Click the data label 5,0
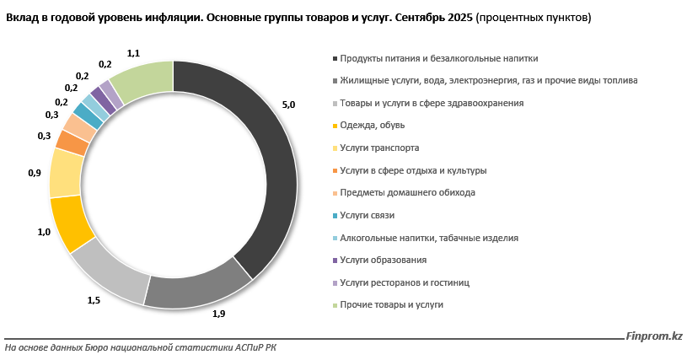point(288,105)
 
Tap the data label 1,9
point(217,314)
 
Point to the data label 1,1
point(133,53)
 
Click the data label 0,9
point(35,173)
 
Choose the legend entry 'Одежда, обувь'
point(373,126)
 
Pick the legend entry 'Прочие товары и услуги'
point(391,304)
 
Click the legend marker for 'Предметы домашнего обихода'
point(335,193)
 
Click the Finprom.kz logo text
point(654,336)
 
